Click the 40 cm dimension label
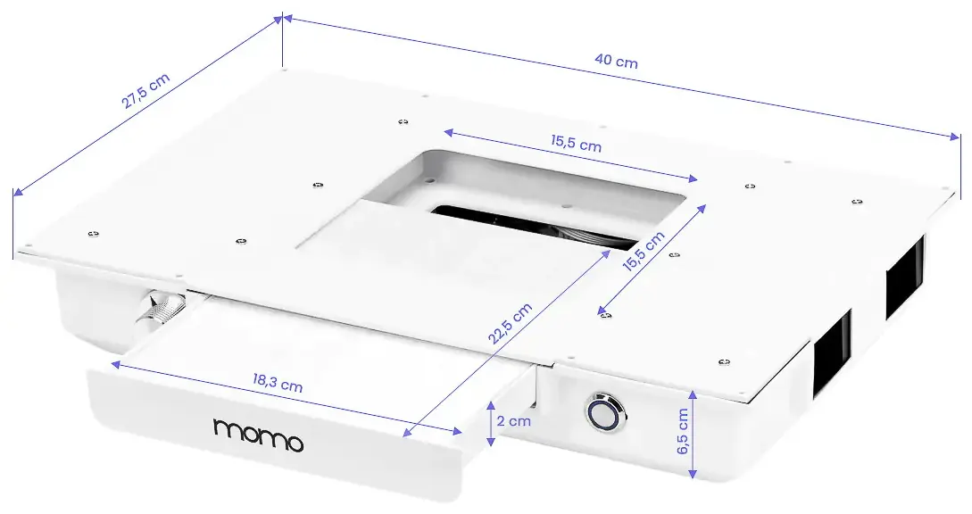click(616, 61)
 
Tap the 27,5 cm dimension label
click(145, 91)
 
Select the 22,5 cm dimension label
click(510, 323)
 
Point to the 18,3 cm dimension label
click(277, 383)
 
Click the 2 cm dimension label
click(514, 421)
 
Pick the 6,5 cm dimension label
click(683, 431)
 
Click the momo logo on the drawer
click(259, 435)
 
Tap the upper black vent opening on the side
click(904, 277)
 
